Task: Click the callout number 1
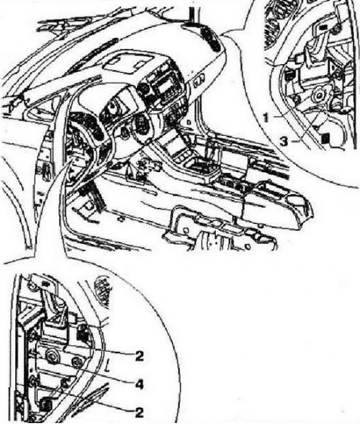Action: pyautogui.click(x=266, y=118)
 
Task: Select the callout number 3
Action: pyautogui.click(x=283, y=141)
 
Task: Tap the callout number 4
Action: pyautogui.click(x=139, y=384)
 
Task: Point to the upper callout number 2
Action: pyautogui.click(x=139, y=356)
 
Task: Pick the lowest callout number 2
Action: pyautogui.click(x=139, y=412)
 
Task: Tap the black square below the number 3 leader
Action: pyautogui.click(x=325, y=139)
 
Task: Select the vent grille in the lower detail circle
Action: pyautogui.click(x=102, y=292)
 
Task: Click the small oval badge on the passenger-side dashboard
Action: pyautogui.click(x=199, y=84)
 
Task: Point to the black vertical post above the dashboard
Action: pyautogui.click(x=192, y=15)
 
